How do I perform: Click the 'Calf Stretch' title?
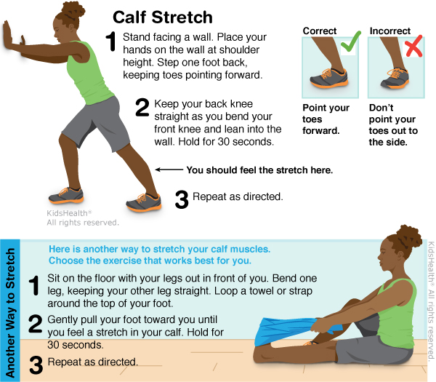coord(163,17)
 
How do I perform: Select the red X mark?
coord(414,46)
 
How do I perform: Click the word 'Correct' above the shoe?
coord(320,31)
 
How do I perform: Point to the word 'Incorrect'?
coord(389,31)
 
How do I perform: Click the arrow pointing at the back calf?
coord(169,170)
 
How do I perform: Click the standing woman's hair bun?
coord(73,9)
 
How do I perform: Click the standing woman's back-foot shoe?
coord(144,202)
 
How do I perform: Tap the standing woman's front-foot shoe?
coord(66,195)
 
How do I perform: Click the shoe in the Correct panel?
coord(329,77)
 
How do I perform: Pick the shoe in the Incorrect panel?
coord(395,79)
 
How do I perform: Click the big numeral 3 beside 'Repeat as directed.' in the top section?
coord(182,199)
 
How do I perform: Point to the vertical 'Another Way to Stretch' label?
coord(10,312)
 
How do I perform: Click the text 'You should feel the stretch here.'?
coord(259,170)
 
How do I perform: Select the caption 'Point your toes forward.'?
coord(326,119)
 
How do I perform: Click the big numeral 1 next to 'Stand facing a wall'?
coord(111,41)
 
